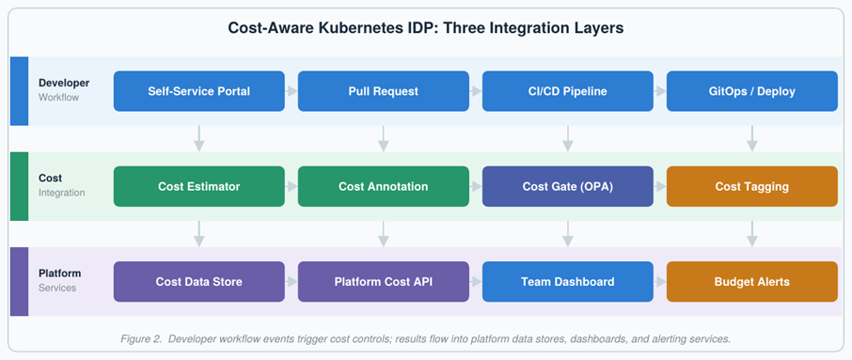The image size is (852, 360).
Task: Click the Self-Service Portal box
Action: (198, 91)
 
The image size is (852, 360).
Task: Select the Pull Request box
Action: (383, 91)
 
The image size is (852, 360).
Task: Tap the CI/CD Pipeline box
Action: (568, 91)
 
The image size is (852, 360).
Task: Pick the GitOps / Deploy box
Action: (752, 91)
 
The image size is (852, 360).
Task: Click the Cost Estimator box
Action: (198, 186)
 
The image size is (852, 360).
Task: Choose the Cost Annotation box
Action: (383, 186)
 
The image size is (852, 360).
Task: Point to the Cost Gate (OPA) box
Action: (568, 186)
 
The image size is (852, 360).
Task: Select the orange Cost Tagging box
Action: (752, 186)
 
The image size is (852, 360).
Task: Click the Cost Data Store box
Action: (198, 282)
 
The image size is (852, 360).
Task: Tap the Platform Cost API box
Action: (383, 282)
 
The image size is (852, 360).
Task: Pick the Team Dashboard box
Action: (568, 282)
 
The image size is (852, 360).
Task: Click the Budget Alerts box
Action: (752, 282)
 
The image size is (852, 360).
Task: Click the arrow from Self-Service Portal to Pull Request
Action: (292, 91)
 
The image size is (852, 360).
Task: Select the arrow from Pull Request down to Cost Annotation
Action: (384, 138)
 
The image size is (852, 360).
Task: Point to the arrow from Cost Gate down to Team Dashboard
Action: (568, 234)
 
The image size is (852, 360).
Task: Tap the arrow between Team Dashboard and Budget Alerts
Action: (660, 282)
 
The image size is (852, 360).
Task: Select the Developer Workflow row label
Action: (64, 90)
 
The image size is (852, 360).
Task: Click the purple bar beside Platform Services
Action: (19, 282)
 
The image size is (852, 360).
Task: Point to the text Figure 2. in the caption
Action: (141, 339)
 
